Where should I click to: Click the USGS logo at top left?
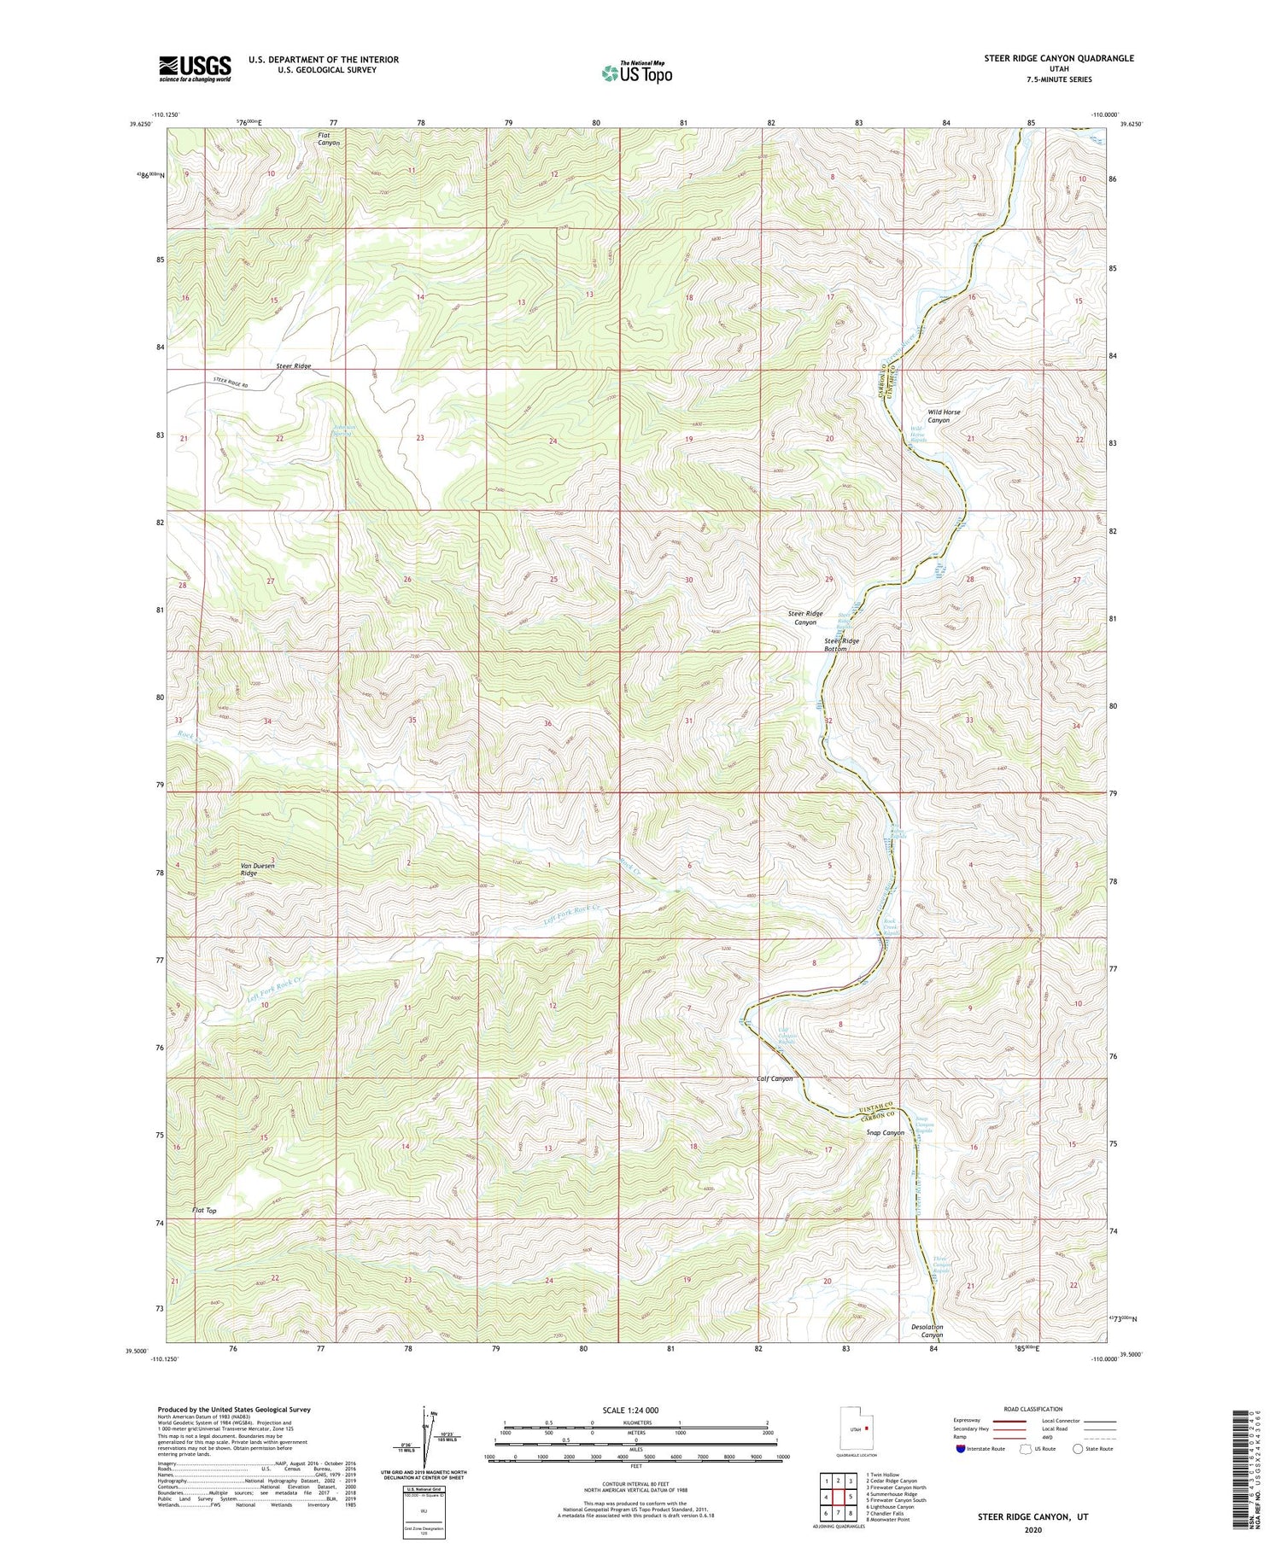coord(195,68)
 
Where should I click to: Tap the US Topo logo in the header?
coord(637,73)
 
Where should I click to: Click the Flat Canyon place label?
coord(329,139)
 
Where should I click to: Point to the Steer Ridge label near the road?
coord(293,365)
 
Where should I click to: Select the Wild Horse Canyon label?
coord(944,416)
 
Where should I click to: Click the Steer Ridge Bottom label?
coord(841,645)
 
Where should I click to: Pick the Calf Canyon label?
coord(775,1078)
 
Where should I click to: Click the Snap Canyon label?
coord(885,1133)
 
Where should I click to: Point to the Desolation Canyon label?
coord(927,1331)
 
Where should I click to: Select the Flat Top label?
coord(204,1211)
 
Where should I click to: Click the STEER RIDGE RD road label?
coord(230,384)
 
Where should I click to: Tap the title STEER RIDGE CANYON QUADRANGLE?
coord(1059,58)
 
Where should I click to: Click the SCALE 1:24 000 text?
coord(635,1411)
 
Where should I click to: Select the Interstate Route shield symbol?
coord(961,1449)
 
